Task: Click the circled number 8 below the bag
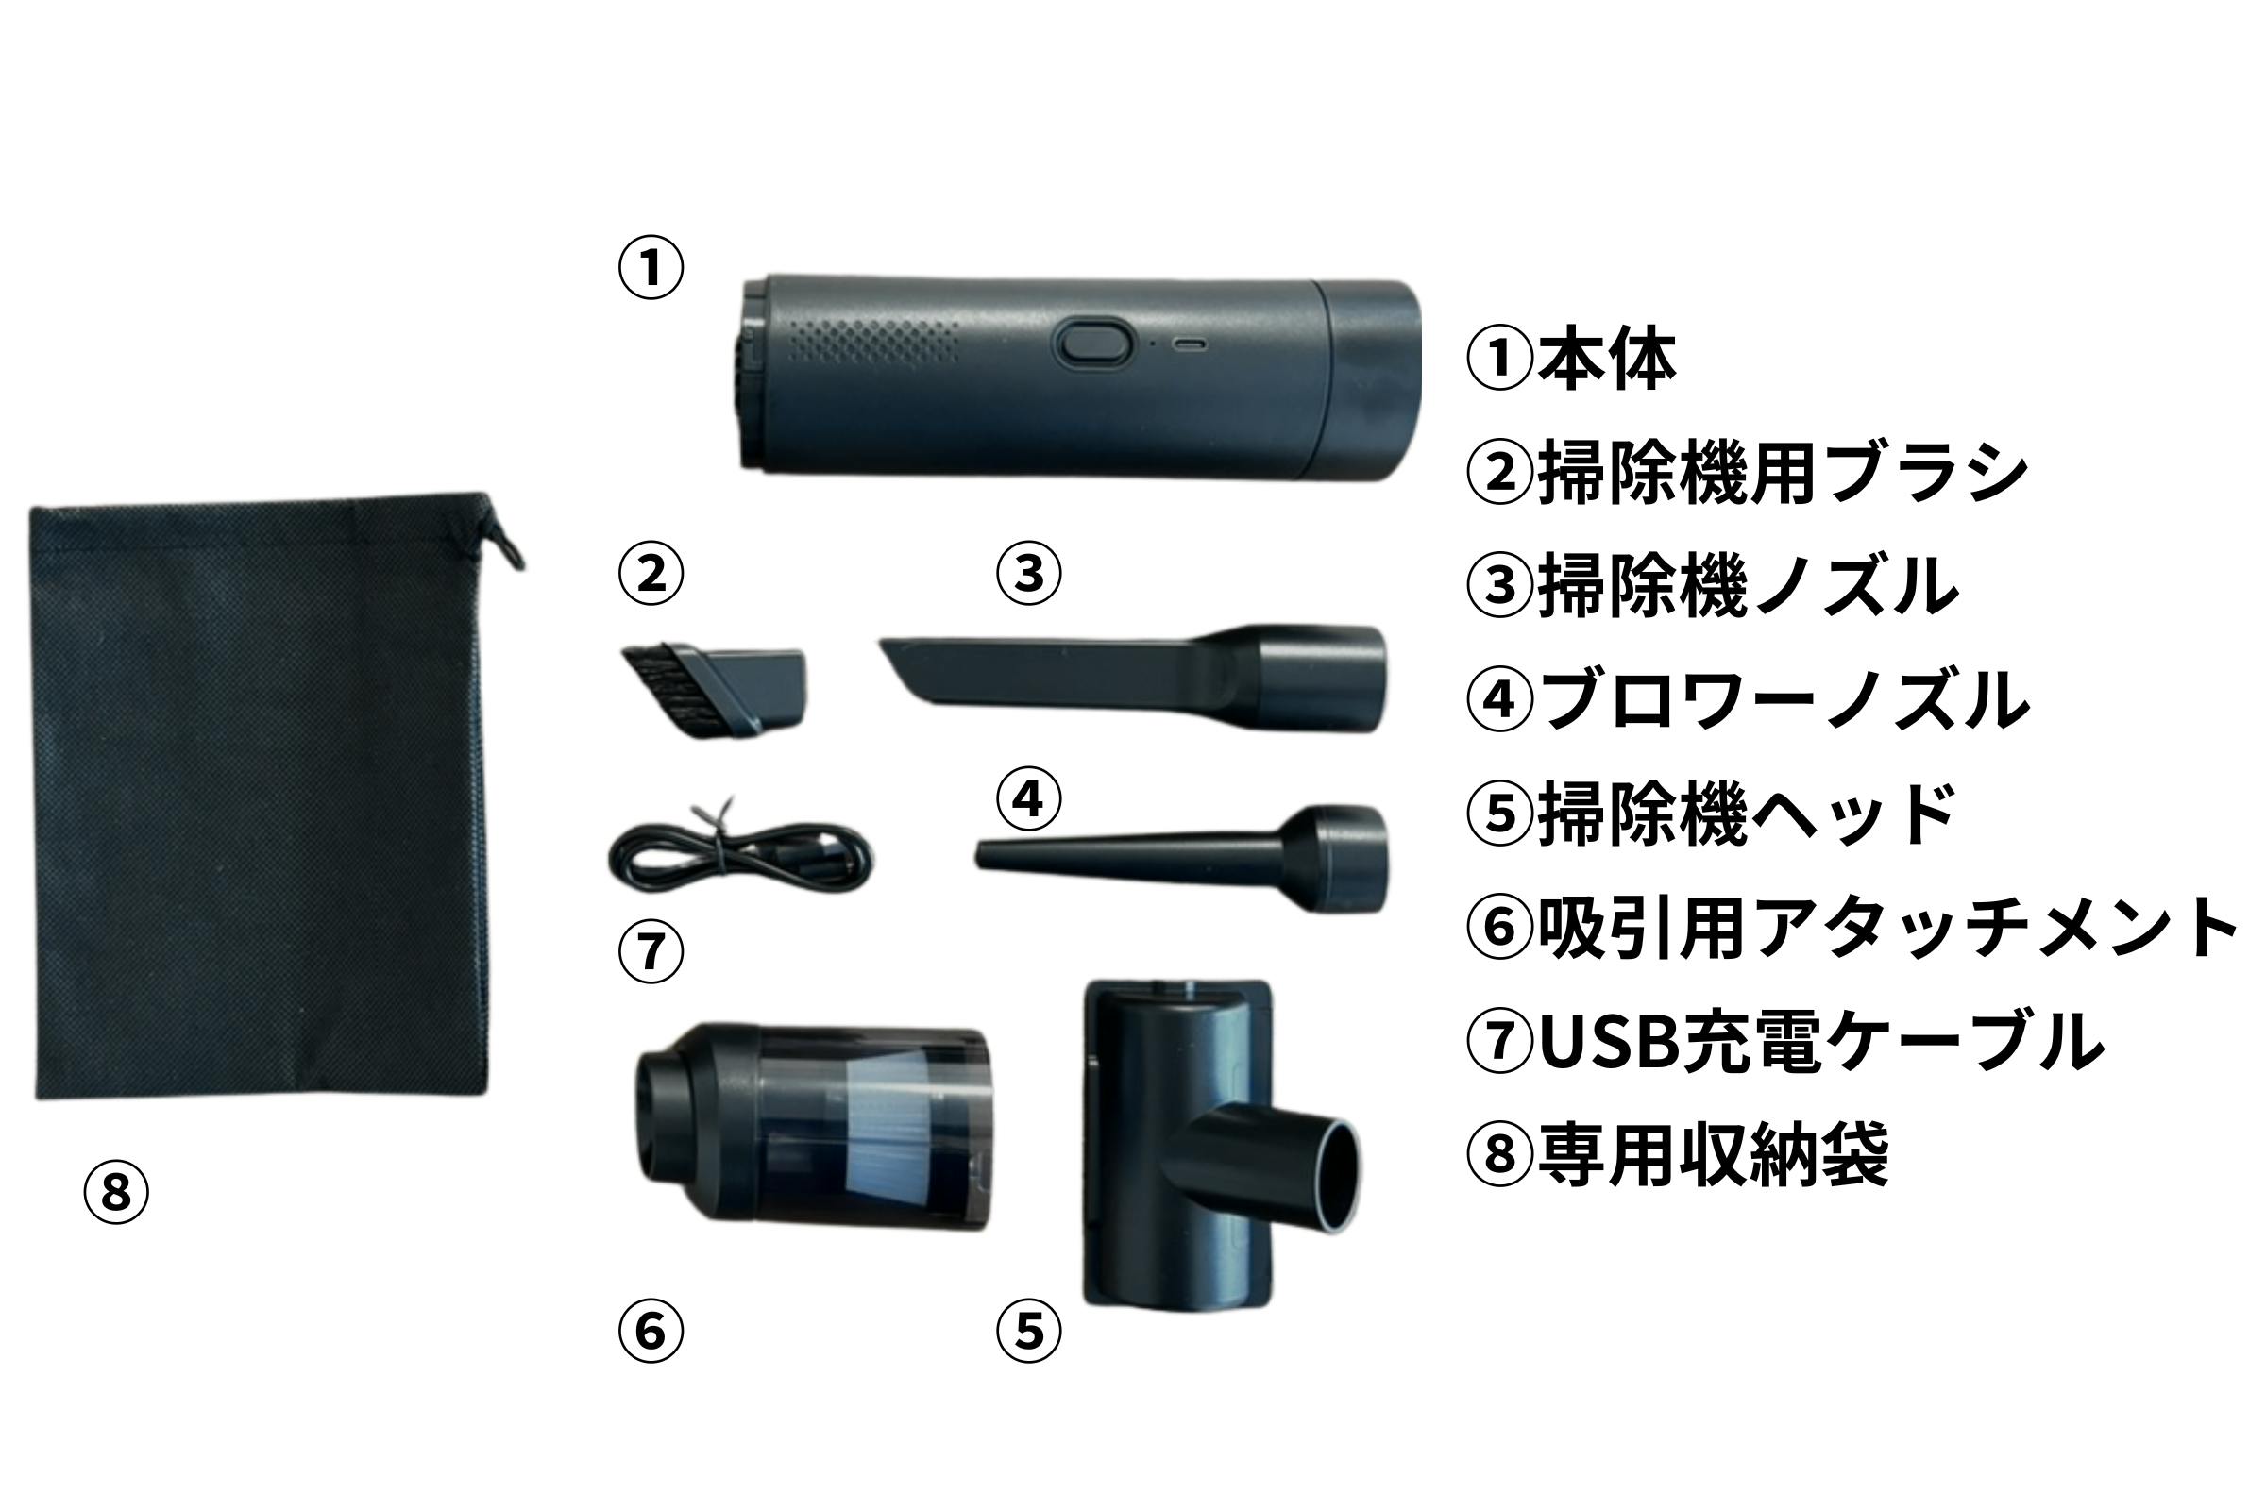[115, 1192]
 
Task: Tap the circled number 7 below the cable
[651, 951]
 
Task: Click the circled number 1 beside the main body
[651, 267]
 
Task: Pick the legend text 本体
[1606, 360]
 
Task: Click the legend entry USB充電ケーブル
[1821, 1041]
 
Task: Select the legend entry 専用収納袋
[1713, 1153]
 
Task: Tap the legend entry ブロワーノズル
[1784, 700]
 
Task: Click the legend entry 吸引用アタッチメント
[1887, 929]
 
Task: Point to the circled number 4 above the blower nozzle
[1029, 798]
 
